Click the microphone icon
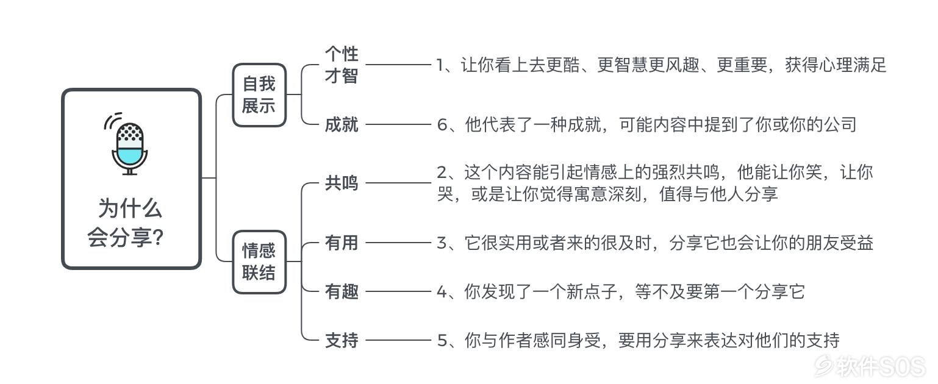129,144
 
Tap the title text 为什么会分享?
126,223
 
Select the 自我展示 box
259,95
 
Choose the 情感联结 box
259,262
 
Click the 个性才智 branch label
342,65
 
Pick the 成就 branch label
342,125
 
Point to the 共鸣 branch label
342,183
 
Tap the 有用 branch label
342,243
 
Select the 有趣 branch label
342,291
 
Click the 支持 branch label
342,340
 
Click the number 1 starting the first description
440,65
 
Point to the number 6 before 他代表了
442,125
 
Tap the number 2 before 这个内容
442,172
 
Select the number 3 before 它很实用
442,243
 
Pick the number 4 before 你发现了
442,292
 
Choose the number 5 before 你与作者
442,341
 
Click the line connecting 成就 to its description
398,124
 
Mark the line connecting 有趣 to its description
398,291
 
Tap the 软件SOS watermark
870,366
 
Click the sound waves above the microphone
112,119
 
